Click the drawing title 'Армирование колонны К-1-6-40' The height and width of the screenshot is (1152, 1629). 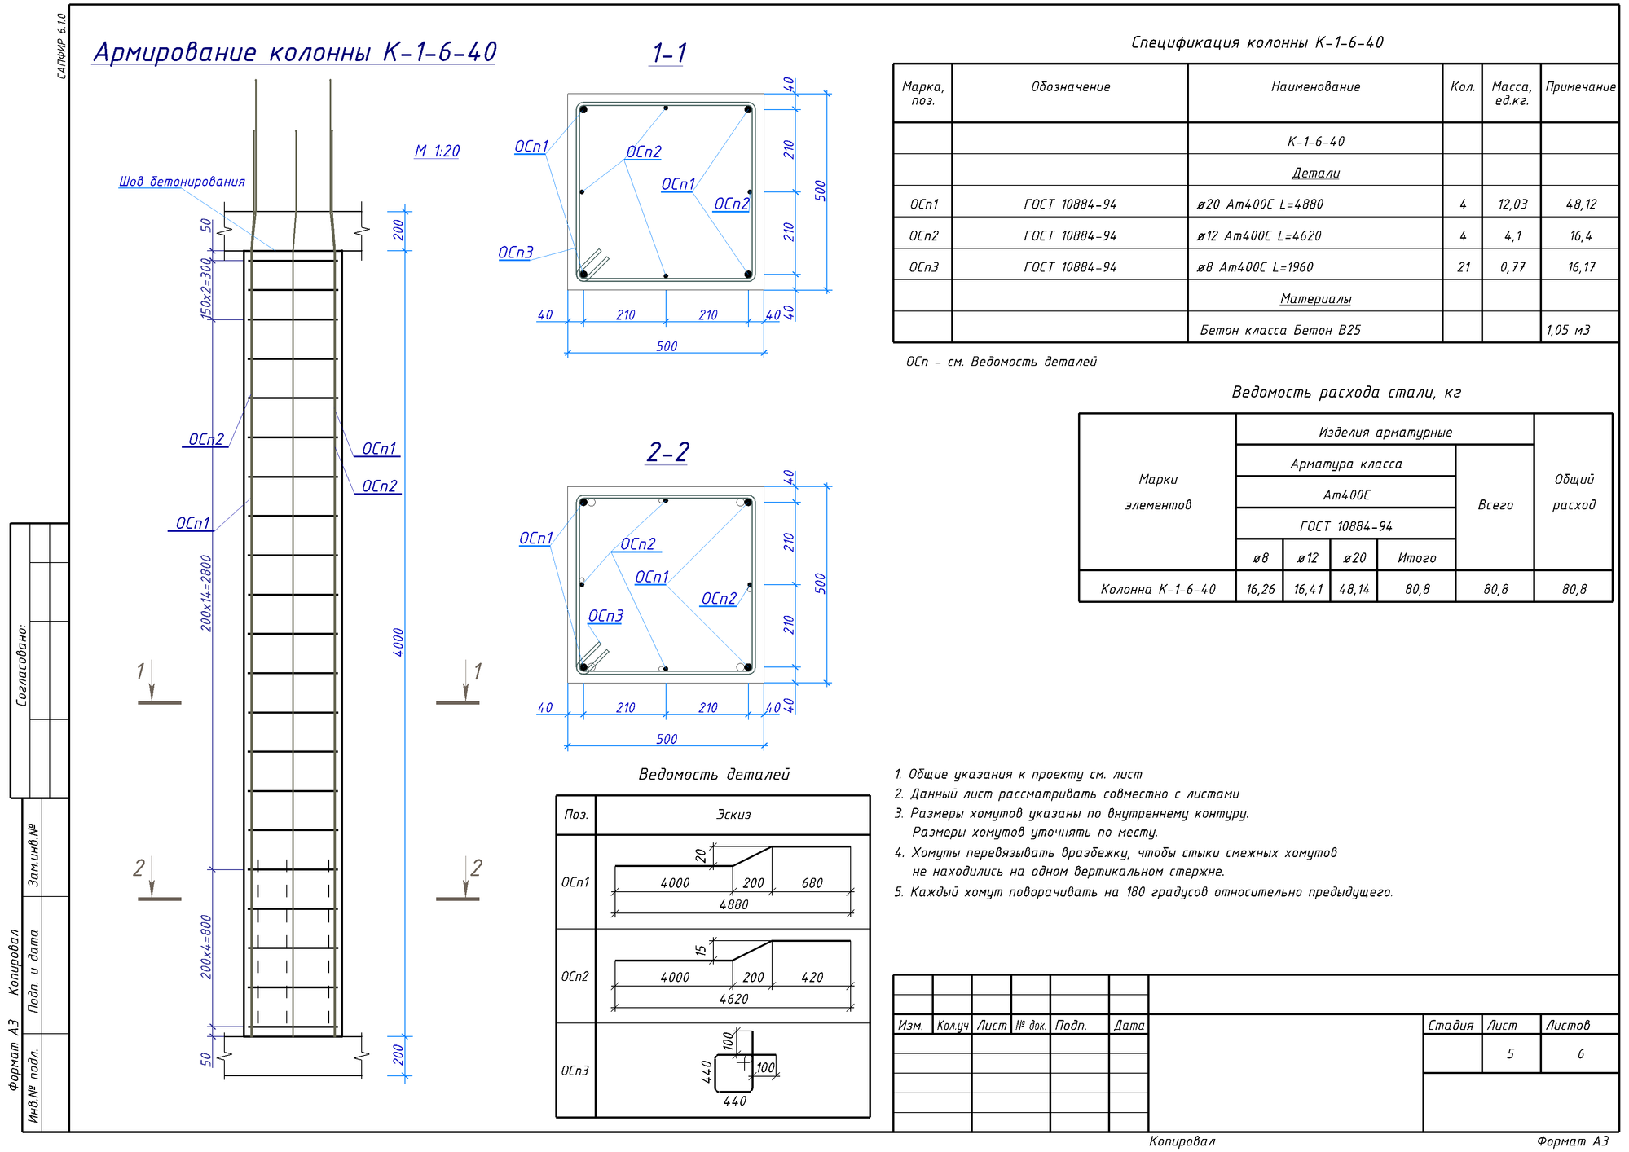click(295, 52)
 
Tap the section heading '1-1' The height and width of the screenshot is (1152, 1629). click(669, 53)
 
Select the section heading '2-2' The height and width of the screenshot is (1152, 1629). click(668, 451)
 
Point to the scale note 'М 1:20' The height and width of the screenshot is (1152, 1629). click(438, 151)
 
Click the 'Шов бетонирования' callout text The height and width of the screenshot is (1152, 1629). click(182, 181)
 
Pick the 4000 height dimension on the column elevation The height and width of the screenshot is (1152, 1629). click(398, 642)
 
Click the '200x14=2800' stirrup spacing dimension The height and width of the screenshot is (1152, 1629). click(206, 593)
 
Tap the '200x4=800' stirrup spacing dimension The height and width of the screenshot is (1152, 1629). click(206, 947)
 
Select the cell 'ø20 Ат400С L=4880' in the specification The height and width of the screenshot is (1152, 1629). click(1260, 204)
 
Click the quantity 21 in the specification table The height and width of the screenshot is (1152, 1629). click(1464, 267)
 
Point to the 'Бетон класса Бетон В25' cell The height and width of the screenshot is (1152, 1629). click(1280, 330)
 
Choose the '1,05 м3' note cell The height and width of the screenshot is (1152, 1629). click(1568, 330)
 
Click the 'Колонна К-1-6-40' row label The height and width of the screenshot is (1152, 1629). click(1158, 589)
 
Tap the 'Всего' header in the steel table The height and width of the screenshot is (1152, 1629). click(1495, 505)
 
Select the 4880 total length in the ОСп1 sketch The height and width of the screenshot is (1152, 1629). click(733, 904)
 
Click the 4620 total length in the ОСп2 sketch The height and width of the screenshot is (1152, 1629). click(733, 999)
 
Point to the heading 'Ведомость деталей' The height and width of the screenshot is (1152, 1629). click(714, 774)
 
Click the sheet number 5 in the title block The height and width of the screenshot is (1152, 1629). click(1510, 1054)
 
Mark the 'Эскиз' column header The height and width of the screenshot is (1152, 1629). click(733, 815)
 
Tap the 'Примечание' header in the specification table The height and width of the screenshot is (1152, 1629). click(1580, 87)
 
